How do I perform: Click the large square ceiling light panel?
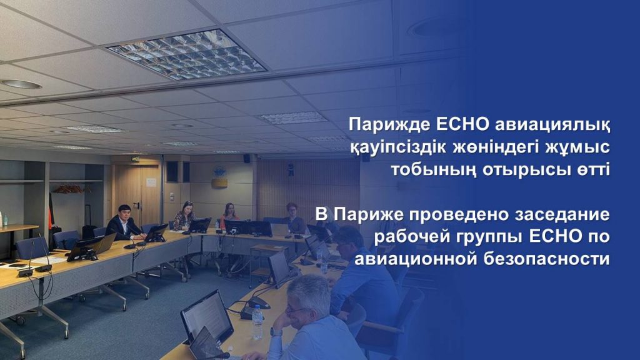click(186, 54)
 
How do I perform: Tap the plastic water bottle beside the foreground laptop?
click(257, 322)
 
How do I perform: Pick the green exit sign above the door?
click(135, 159)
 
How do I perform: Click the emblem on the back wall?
click(219, 176)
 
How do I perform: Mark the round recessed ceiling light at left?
click(21, 84)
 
